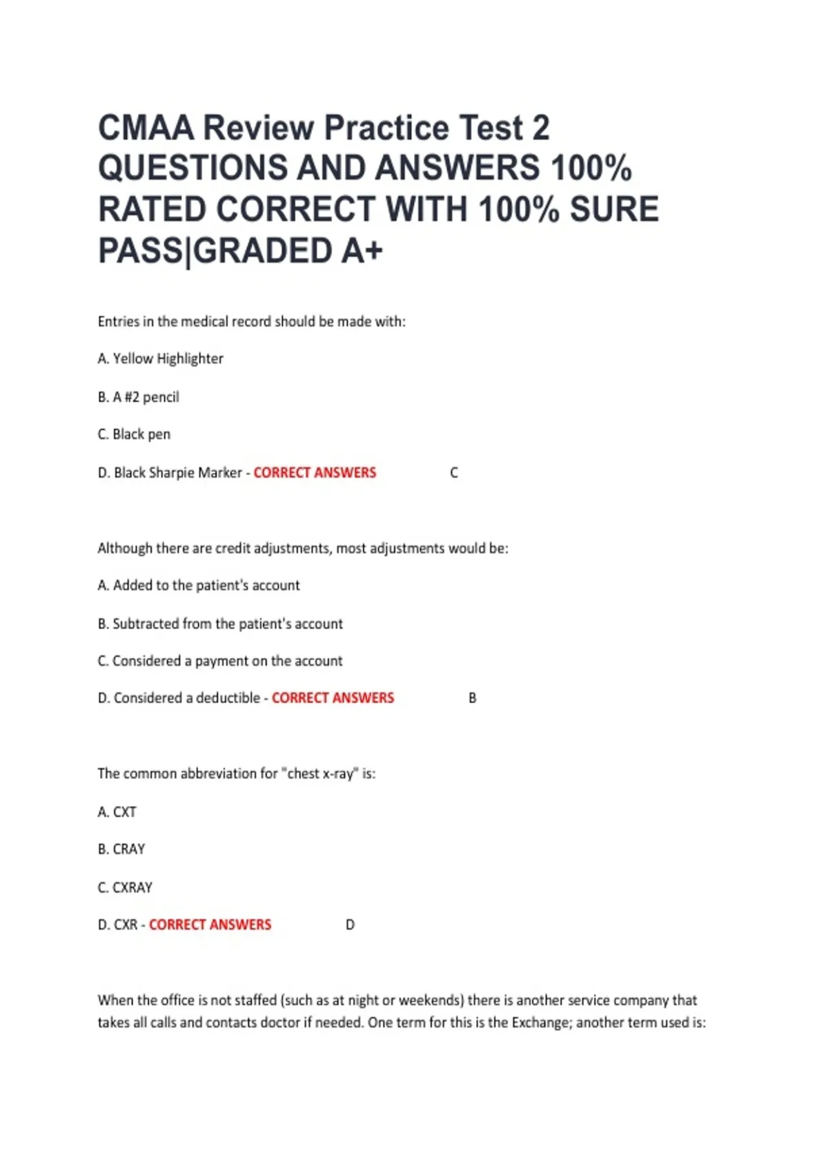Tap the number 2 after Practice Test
pyautogui.click(x=540, y=128)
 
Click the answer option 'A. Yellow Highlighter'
pyautogui.click(x=161, y=358)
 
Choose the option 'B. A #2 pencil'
pyautogui.click(x=139, y=397)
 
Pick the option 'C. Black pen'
pyautogui.click(x=134, y=434)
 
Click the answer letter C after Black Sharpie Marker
pyautogui.click(x=454, y=473)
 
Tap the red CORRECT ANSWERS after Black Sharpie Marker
pyautogui.click(x=315, y=473)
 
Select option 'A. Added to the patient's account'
pyautogui.click(x=199, y=586)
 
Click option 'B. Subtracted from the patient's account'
pyautogui.click(x=220, y=624)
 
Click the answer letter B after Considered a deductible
pyautogui.click(x=473, y=698)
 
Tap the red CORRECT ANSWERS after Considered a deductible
pyautogui.click(x=333, y=698)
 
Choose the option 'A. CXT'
pyautogui.click(x=117, y=812)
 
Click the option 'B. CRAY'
pyautogui.click(x=121, y=849)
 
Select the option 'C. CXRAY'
pyautogui.click(x=125, y=887)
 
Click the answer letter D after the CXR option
pyautogui.click(x=350, y=925)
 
